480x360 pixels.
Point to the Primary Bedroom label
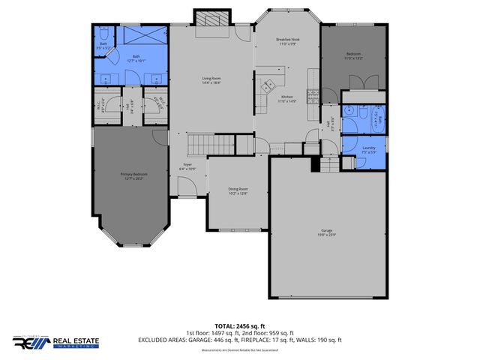131,176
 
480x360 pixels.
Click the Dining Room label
238,190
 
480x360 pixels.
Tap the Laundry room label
369,148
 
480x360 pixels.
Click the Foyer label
187,166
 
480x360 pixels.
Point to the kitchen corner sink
265,88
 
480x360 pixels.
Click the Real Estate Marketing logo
60,342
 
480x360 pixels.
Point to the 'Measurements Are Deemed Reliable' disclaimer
241,350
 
